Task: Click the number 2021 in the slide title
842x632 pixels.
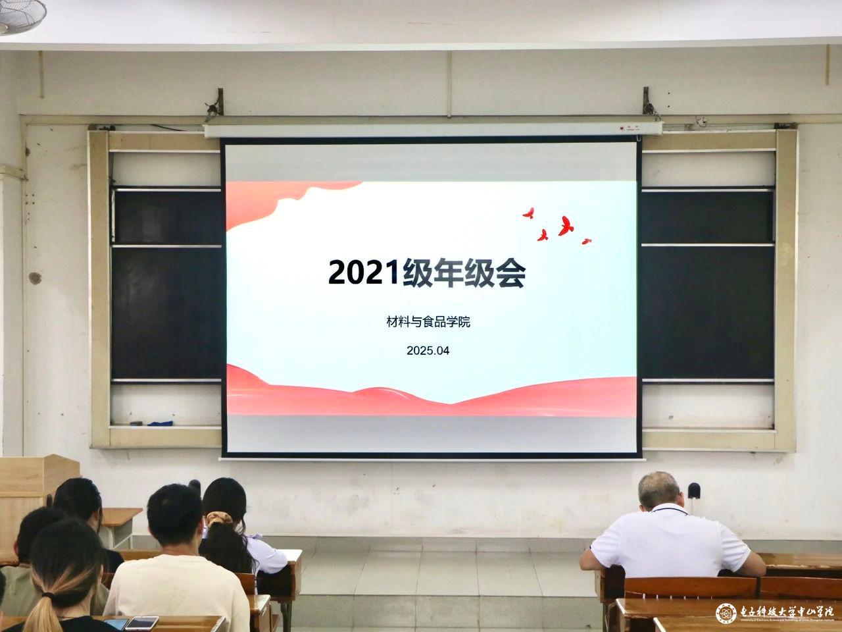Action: (364, 273)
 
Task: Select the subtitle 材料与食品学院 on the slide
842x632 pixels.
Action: (428, 323)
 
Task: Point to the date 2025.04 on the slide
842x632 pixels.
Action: (428, 351)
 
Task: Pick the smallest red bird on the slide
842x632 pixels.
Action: (586, 241)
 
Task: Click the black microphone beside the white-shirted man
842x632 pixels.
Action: (694, 491)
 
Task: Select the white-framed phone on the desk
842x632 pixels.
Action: (141, 623)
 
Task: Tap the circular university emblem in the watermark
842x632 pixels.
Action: (726, 613)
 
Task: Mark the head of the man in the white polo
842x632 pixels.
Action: (658, 490)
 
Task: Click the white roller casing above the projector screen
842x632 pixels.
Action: (431, 130)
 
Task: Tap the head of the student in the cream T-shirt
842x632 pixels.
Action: (174, 517)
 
